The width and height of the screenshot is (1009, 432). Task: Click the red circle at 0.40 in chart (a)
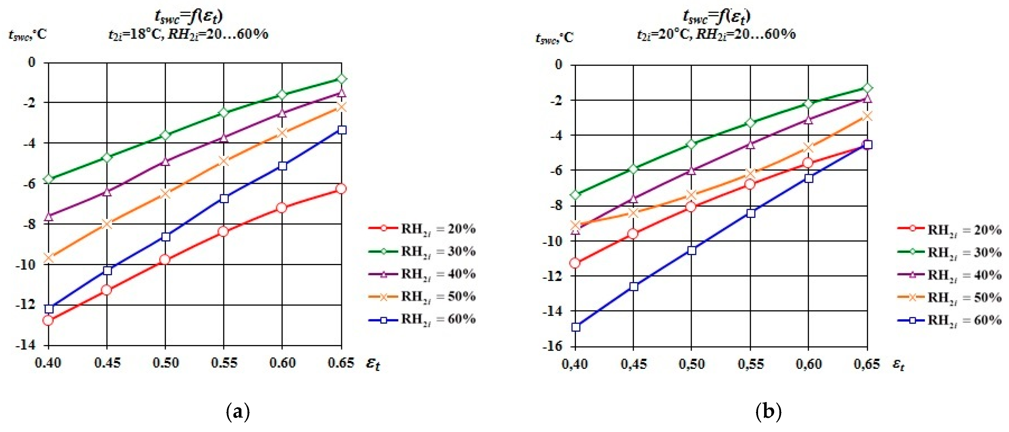(x=48, y=320)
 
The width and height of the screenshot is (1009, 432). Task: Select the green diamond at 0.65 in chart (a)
(x=341, y=79)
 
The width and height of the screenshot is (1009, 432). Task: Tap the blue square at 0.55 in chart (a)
(x=224, y=199)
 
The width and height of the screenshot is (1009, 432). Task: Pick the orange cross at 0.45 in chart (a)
(x=107, y=224)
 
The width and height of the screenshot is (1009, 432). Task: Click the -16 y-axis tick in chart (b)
(x=552, y=346)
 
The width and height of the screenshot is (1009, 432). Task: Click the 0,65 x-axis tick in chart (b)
(x=867, y=364)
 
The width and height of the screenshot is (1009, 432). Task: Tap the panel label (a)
(x=238, y=412)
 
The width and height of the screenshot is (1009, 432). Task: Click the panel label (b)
(x=768, y=412)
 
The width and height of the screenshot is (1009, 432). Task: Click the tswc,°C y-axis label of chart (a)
(x=27, y=35)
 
